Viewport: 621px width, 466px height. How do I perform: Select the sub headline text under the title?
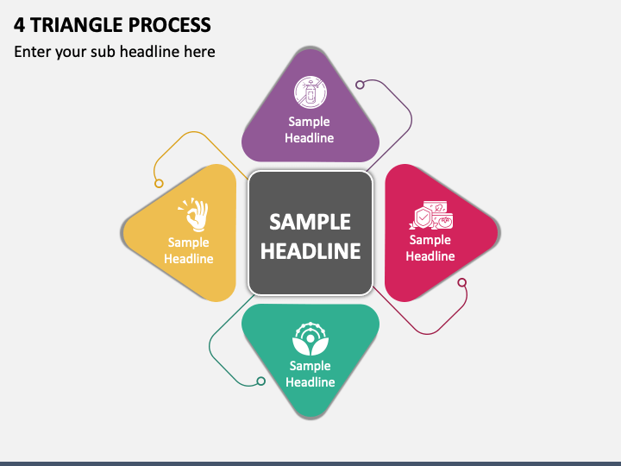[x=114, y=52]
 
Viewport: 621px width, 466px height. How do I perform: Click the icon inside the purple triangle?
[x=310, y=91]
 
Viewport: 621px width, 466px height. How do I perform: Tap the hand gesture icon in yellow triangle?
[x=194, y=215]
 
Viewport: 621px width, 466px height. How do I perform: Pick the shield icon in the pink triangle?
[x=423, y=217]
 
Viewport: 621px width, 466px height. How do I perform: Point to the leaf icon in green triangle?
[x=310, y=338]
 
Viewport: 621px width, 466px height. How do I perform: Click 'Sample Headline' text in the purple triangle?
[x=310, y=129]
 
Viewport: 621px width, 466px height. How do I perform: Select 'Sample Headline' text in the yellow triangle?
[x=189, y=250]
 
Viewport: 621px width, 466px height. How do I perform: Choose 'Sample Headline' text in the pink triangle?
[x=430, y=248]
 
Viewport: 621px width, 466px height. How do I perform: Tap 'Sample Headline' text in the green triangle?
[x=310, y=374]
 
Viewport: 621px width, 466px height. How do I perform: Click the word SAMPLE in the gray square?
[x=310, y=222]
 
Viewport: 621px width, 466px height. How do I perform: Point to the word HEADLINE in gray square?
[x=310, y=251]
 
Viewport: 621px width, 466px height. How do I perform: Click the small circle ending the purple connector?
[x=361, y=85]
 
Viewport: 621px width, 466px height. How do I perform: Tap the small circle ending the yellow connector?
[x=159, y=182]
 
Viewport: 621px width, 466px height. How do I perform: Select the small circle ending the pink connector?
[x=461, y=282]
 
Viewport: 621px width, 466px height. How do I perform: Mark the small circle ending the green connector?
[x=260, y=381]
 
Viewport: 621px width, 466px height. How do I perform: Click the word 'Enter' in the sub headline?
[x=33, y=52]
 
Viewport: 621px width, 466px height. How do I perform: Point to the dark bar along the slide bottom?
[x=310, y=463]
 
